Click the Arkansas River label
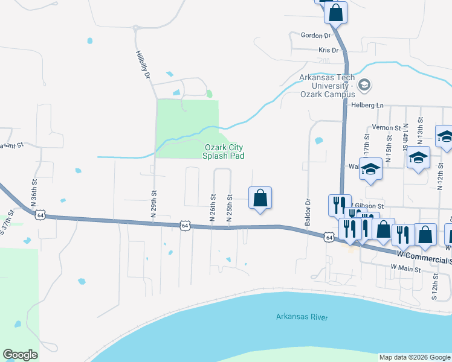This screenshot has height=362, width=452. click(302, 316)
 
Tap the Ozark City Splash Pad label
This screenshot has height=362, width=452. click(224, 151)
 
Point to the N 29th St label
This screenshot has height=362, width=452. click(154, 206)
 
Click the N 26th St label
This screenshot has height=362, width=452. click(213, 208)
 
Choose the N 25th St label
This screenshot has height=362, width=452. click(230, 208)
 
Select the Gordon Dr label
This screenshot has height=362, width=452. click(312, 36)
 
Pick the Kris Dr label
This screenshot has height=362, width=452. click(328, 51)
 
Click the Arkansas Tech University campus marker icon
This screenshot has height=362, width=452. click(364, 84)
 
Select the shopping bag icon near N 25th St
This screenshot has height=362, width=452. click(260, 197)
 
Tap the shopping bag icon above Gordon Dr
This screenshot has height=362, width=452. click(336, 11)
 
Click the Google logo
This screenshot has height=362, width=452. click(20, 355)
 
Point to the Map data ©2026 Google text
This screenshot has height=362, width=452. click(415, 357)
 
